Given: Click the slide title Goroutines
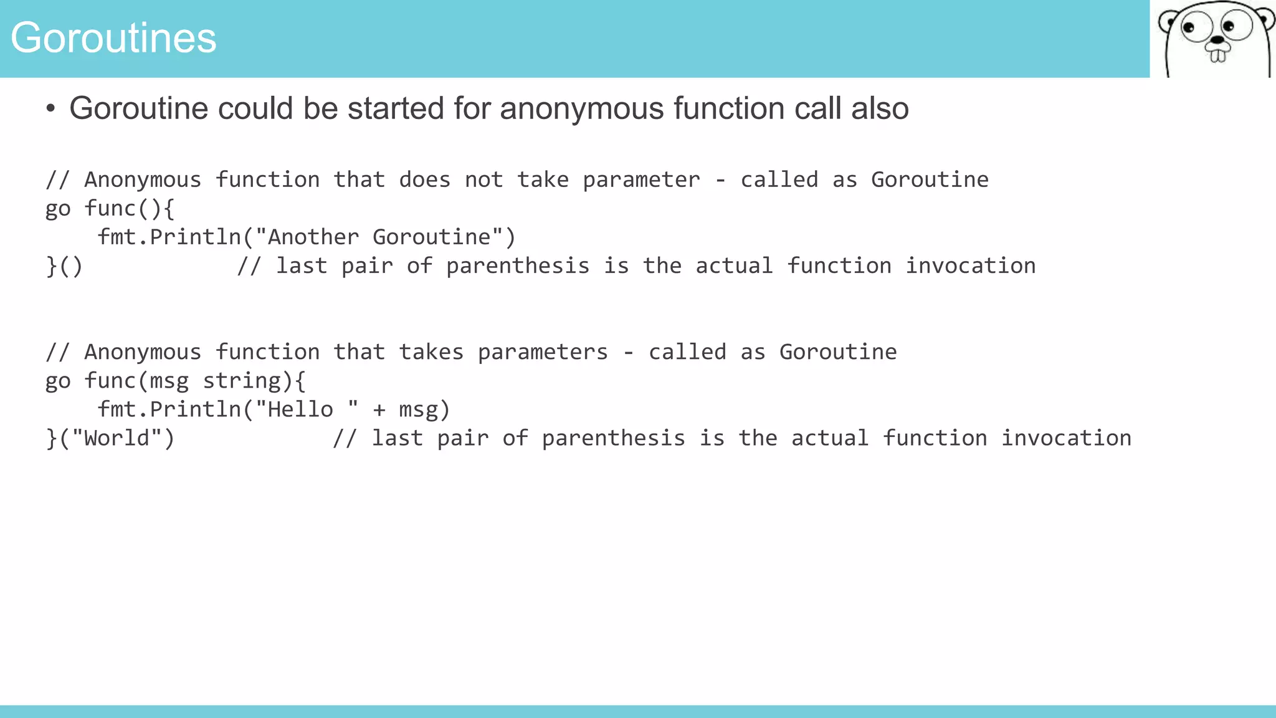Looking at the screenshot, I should (113, 38).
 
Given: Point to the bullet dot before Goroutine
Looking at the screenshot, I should (50, 109).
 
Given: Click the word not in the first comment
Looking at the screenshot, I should (483, 180).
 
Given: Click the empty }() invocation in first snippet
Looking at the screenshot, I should (64, 266).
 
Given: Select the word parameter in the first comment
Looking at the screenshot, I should (641, 180).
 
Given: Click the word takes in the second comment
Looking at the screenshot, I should (431, 352).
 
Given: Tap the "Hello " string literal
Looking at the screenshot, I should (307, 409).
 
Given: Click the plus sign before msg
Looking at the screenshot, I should (379, 410).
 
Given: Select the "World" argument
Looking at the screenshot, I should (117, 438).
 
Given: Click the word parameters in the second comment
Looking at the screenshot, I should (543, 352).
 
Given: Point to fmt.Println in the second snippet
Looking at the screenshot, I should (169, 409).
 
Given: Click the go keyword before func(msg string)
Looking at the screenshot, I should (58, 381).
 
